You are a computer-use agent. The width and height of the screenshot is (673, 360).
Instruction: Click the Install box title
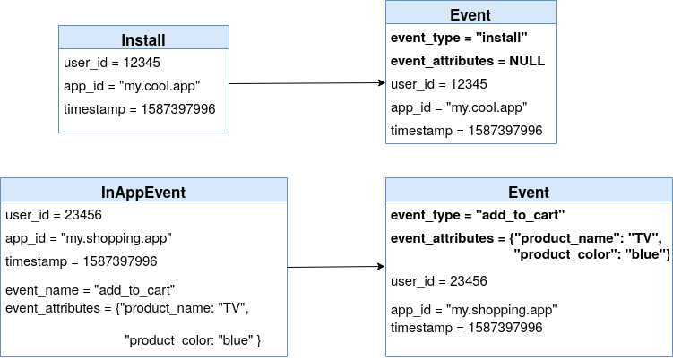tap(143, 39)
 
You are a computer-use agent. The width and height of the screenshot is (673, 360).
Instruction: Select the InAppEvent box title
tap(143, 192)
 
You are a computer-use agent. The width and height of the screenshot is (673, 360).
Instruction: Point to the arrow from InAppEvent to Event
tap(336, 267)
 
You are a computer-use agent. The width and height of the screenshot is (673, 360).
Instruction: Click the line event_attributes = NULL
tap(467, 61)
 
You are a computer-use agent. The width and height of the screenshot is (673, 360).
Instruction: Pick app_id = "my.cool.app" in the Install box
tap(132, 86)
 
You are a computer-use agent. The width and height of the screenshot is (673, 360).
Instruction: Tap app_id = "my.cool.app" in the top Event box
tap(458, 107)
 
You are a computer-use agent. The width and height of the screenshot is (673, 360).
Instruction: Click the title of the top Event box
tap(470, 15)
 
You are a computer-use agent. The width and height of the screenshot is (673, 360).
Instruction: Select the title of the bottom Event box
tap(528, 192)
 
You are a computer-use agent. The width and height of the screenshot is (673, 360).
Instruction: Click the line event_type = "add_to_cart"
tap(477, 215)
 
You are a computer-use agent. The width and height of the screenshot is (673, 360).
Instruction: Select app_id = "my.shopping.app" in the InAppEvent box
tap(88, 238)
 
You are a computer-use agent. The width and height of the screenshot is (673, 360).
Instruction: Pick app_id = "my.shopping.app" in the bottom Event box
tap(473, 310)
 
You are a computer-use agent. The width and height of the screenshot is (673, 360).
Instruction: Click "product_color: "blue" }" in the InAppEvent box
tap(193, 340)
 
